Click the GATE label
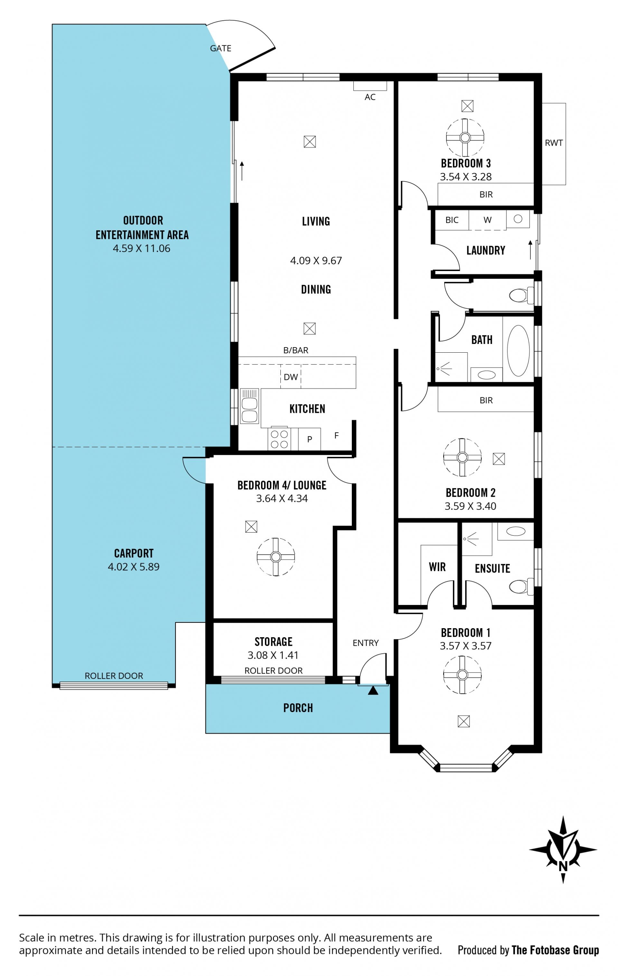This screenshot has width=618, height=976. [220, 48]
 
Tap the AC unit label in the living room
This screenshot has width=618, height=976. [370, 97]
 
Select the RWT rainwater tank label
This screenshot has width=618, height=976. [554, 143]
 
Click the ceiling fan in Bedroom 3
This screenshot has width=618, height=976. [465, 137]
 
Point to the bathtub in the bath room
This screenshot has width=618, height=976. [518, 351]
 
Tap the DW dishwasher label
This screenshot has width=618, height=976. [291, 377]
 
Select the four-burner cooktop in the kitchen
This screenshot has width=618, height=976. [279, 439]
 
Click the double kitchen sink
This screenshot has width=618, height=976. [249, 406]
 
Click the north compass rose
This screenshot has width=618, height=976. [563, 850]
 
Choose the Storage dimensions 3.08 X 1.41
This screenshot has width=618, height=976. [273, 655]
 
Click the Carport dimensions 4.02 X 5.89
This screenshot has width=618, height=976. [134, 567]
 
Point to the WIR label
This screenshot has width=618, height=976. [437, 567]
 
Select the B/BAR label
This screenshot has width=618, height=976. [295, 350]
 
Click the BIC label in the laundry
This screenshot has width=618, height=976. [452, 220]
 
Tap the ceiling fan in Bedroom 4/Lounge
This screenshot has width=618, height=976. [276, 556]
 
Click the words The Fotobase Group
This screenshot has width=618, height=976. [555, 950]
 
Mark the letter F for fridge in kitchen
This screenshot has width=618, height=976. [336, 435]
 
